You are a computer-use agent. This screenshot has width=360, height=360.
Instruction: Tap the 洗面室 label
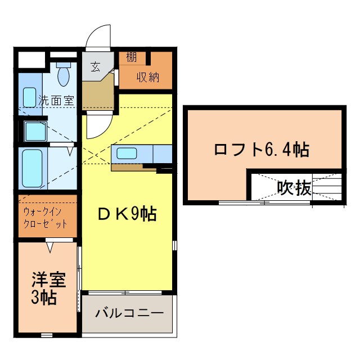[56, 101]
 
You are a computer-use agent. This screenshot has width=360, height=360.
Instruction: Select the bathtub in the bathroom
[30, 167]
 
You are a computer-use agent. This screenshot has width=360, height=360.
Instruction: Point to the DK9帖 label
[127, 214]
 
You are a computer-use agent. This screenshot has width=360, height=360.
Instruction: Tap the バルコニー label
[129, 312]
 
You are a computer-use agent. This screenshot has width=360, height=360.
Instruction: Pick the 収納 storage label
[148, 76]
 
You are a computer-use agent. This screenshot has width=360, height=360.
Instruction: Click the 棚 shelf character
[131, 57]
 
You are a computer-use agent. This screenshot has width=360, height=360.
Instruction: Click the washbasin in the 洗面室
[29, 94]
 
